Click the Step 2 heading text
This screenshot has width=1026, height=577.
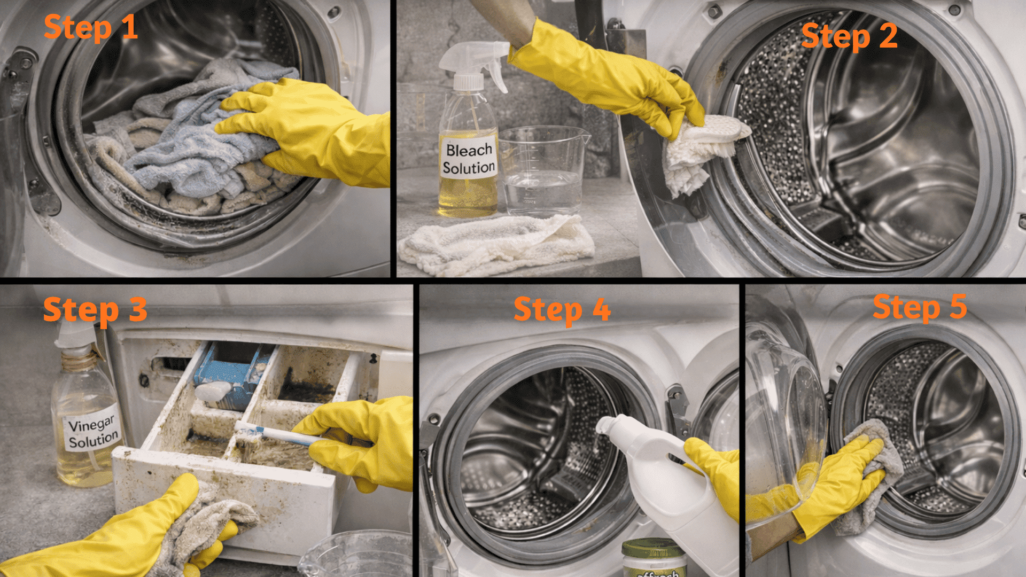point(849,36)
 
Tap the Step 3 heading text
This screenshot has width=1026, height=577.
point(95,310)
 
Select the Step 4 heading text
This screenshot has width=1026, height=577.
point(562,310)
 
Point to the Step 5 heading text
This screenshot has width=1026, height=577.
point(920,307)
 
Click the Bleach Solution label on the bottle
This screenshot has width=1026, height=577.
point(469,159)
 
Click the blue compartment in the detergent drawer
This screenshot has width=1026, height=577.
point(230,374)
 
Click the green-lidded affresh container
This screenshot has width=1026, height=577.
point(654,558)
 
